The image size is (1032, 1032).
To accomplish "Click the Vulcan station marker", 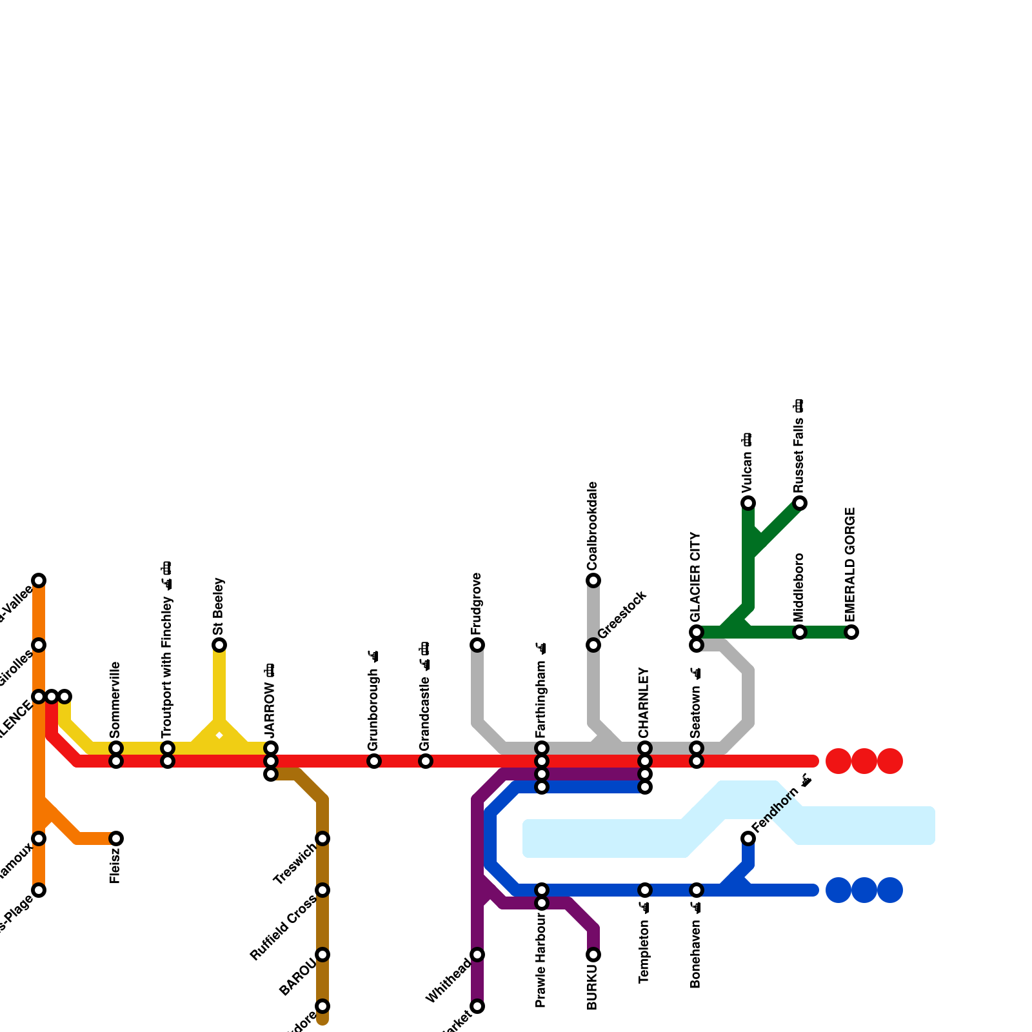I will (748, 503).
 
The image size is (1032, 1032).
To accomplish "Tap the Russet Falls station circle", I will (800, 503).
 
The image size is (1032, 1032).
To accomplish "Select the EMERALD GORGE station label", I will (851, 564).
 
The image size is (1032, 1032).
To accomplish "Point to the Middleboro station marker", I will (800, 632).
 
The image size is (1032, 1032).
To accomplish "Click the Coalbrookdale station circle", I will (593, 580).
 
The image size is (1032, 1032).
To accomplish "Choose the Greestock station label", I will (622, 615).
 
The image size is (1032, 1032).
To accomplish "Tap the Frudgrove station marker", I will (477, 645).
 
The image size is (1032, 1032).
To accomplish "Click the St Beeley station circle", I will (219, 645).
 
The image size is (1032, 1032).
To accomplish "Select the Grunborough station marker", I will (374, 761).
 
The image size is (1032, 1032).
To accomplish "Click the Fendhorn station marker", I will (748, 838).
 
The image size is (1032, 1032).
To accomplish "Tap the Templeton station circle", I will (645, 890).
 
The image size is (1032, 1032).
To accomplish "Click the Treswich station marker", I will (322, 838).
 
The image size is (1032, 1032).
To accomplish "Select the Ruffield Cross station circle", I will (322, 890).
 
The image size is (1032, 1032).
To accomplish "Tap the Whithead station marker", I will (477, 955).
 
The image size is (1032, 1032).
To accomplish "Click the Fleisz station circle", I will (116, 838).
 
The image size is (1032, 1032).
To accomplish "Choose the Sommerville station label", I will (115, 700).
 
